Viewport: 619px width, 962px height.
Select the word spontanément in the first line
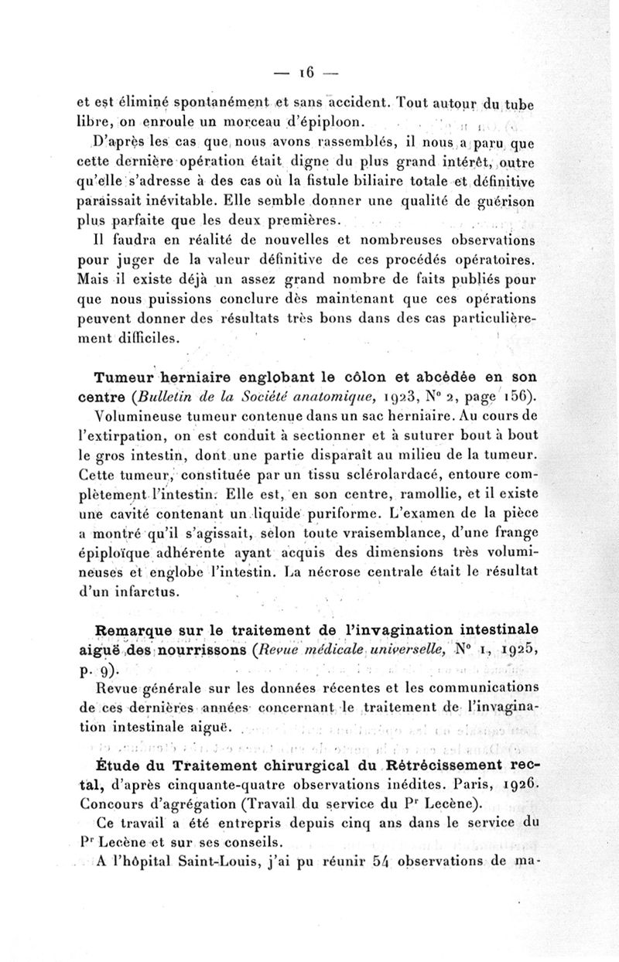tap(216, 102)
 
